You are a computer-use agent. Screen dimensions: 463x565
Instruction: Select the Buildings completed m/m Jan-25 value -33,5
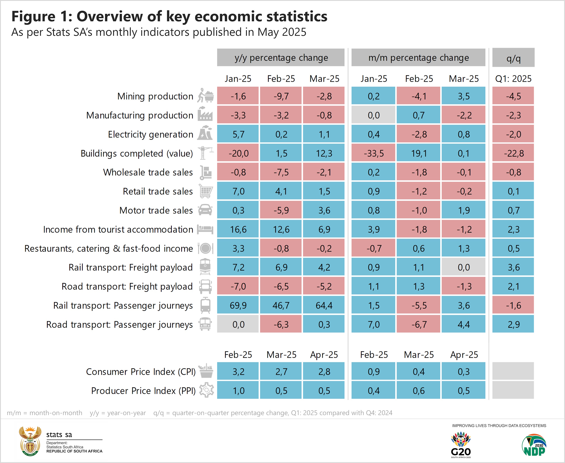373,153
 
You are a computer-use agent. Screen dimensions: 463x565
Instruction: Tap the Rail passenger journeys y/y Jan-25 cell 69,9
238,305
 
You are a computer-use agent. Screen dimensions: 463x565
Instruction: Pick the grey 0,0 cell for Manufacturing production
373,115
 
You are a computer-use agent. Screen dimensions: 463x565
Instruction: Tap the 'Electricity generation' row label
151,134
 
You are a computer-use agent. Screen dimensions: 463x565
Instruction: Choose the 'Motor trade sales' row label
156,210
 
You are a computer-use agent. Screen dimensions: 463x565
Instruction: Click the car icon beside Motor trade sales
205,210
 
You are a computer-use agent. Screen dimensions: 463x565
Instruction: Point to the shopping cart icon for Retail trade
206,191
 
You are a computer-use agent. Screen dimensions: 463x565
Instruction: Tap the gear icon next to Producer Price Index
206,390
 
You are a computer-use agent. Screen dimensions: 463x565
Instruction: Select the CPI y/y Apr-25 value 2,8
324,371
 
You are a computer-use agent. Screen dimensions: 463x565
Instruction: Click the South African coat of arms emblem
30,441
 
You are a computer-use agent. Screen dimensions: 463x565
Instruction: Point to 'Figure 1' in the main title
42,16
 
